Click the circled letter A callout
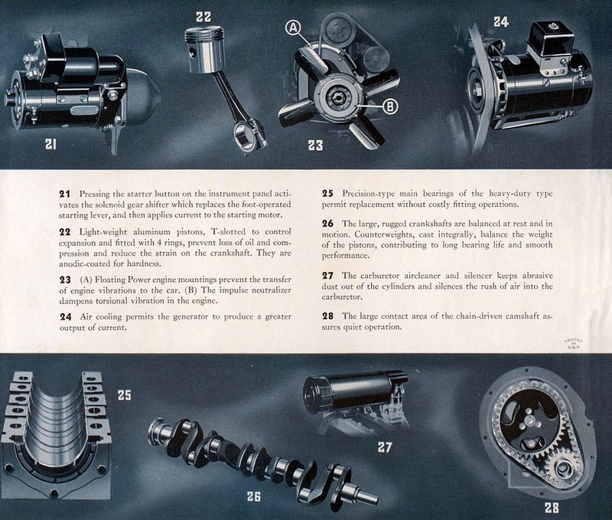pos(294,27)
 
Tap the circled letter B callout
pos(390,106)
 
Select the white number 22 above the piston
pos(203,17)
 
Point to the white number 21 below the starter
pos(50,144)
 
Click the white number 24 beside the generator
pos(501,22)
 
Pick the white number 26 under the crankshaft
pos(254,496)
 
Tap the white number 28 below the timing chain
pos(552,508)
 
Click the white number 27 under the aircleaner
pos(385,447)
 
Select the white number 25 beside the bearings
pos(125,395)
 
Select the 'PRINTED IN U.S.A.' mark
pos(573,343)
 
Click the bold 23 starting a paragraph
pos(65,280)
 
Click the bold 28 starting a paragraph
pos(328,316)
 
